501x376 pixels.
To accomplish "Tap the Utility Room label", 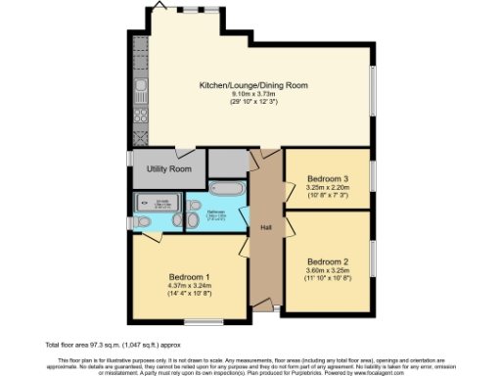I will pos(168,168).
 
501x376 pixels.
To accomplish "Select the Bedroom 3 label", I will pos(327,178).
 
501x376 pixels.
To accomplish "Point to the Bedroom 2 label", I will pos(327,261).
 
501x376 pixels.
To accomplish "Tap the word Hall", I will pos(265,227).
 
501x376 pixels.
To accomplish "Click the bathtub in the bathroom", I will pos(227,189).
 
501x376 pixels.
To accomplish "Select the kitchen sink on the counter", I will pos(141,93).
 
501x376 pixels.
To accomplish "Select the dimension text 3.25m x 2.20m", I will pos(327,187).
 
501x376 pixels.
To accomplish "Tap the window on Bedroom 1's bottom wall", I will pos(204,320).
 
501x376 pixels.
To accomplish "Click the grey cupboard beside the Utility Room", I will pos(227,162).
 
